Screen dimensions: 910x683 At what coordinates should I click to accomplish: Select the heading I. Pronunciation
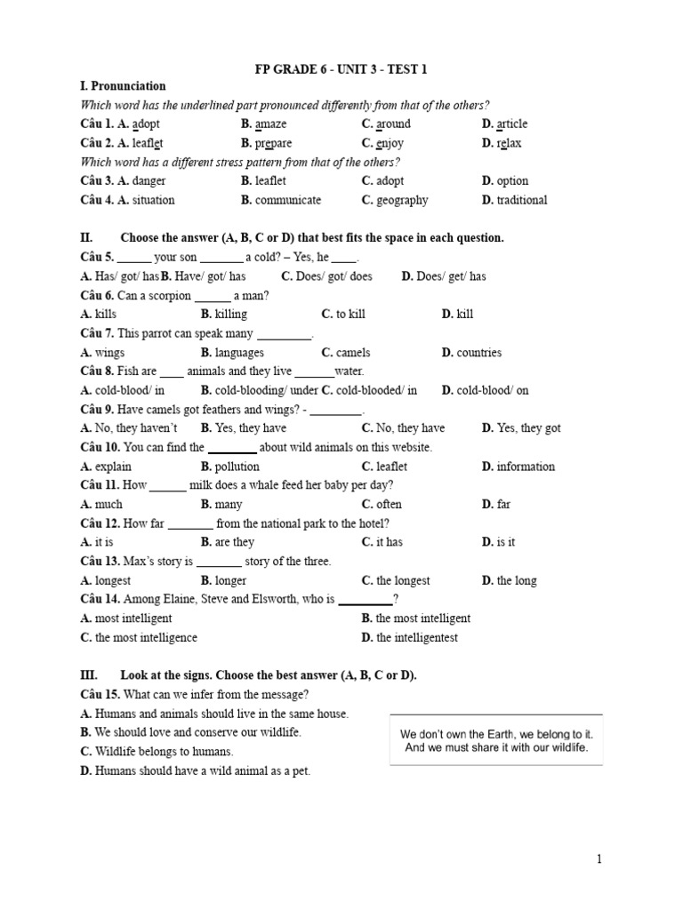pos(123,86)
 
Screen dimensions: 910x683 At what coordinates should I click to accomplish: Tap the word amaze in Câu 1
pos(270,124)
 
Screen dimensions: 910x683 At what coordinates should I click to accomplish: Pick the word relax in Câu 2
pos(509,143)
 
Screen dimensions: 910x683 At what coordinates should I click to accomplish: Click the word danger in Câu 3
pos(149,181)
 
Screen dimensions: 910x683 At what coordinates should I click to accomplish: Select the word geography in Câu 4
pos(402,200)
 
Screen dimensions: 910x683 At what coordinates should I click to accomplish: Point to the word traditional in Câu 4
pos(522,200)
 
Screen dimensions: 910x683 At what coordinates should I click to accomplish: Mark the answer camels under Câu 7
pos(353,353)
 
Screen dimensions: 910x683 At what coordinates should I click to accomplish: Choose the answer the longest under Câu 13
pos(403,580)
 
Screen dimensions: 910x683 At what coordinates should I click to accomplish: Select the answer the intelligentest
pos(420,637)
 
